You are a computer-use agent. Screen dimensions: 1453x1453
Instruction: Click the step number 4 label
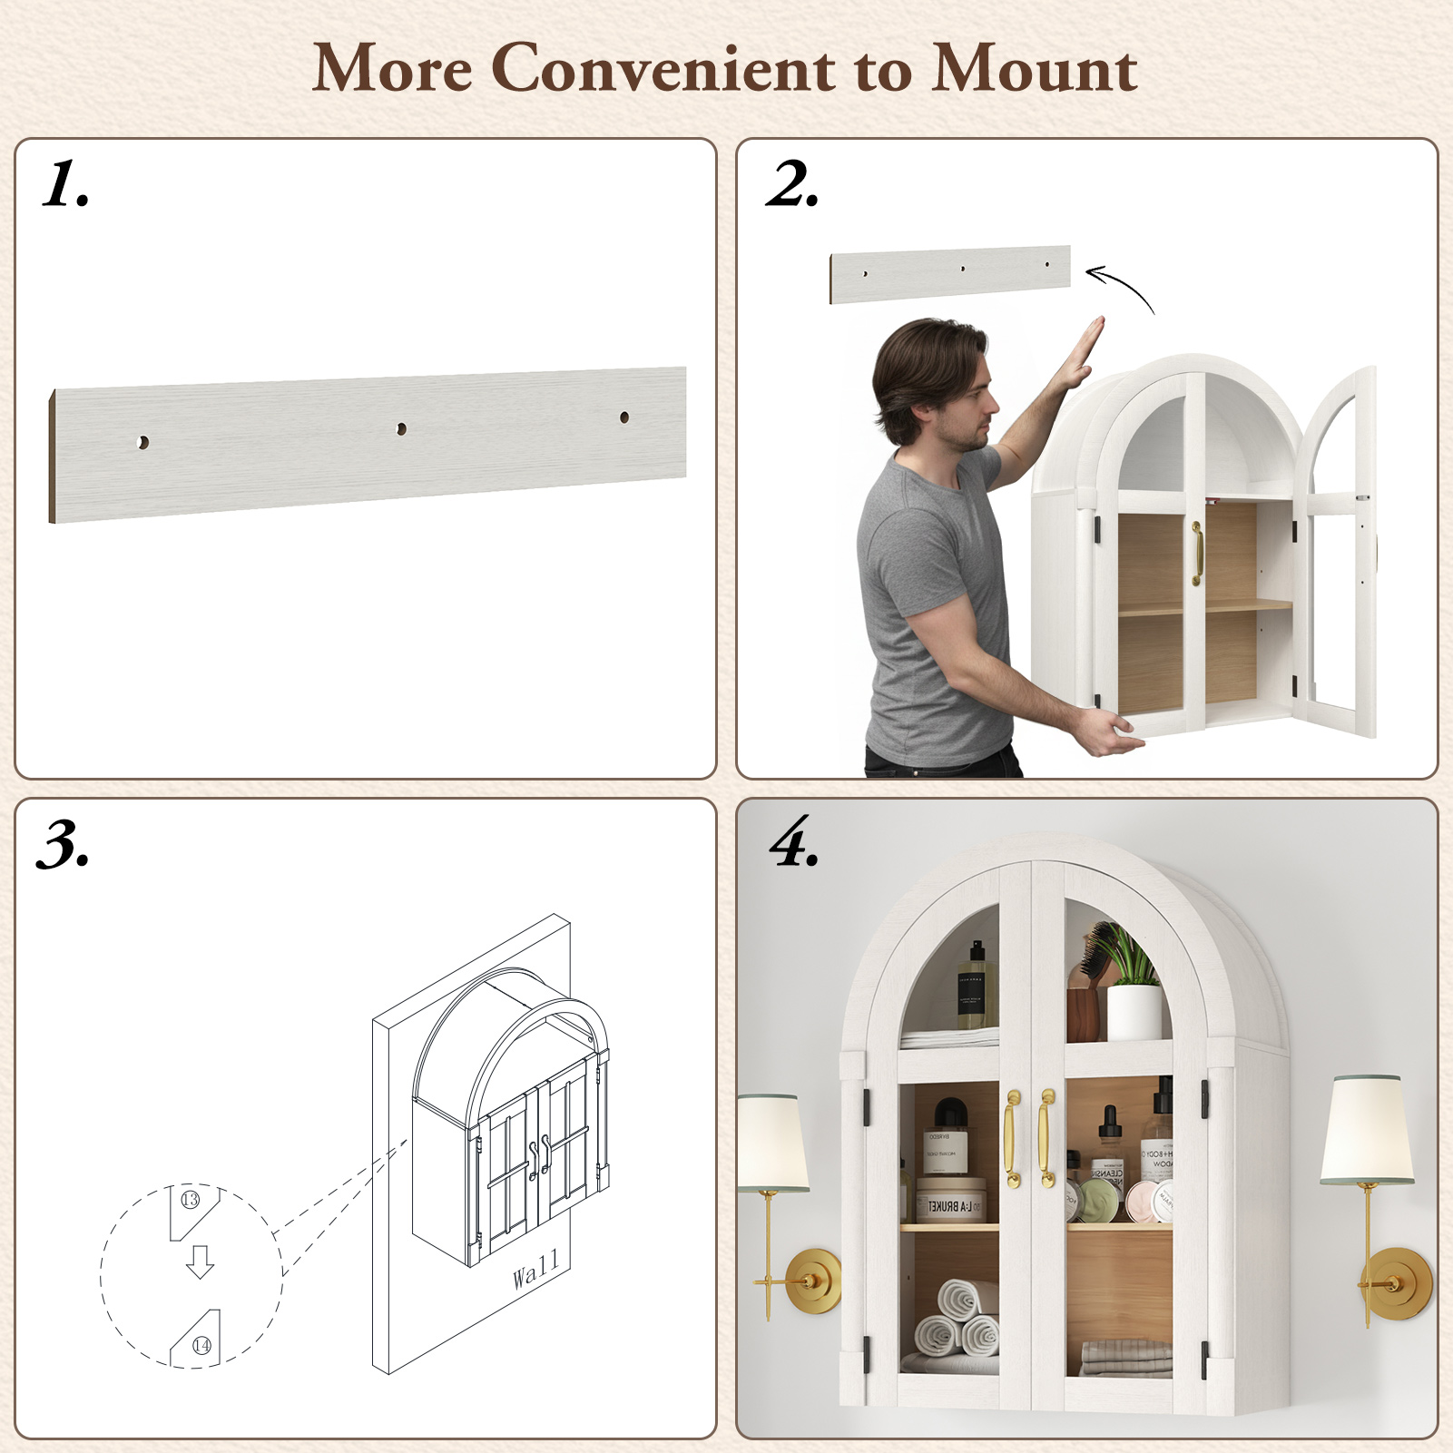(794, 842)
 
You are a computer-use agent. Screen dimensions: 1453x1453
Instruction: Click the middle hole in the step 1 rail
(401, 428)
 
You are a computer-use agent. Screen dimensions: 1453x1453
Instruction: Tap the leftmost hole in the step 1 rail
(142, 442)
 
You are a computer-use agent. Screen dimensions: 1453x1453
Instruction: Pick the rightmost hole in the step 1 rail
(624, 417)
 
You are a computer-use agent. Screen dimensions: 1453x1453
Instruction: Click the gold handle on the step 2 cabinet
(1197, 553)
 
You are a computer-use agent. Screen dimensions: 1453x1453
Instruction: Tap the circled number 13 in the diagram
(190, 1200)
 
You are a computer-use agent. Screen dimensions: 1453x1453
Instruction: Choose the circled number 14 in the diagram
(201, 1345)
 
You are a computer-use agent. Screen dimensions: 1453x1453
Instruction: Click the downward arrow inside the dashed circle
(200, 1262)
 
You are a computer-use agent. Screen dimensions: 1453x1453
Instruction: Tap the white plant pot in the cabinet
(1134, 1012)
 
